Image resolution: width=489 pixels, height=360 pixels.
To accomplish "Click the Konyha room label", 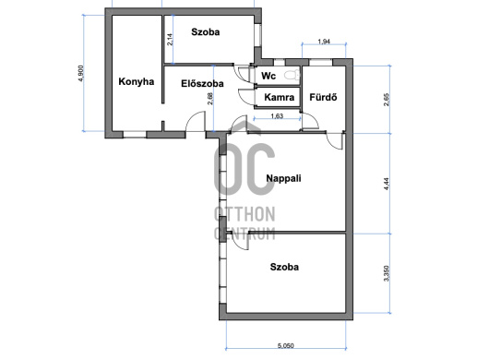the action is click(137, 82).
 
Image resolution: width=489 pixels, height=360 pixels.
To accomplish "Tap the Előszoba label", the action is click(202, 84).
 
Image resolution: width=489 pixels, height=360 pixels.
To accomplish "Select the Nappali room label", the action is click(283, 178).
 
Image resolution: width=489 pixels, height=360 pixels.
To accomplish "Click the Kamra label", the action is click(280, 97).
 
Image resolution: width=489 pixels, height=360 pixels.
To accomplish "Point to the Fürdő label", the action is click(323, 97).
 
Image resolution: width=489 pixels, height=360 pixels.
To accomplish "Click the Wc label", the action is click(268, 76).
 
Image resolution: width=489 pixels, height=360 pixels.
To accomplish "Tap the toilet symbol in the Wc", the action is click(292, 75).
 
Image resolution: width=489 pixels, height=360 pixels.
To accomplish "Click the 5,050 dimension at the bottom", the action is click(286, 345).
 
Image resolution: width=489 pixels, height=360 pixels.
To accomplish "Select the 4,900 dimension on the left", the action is click(81, 73).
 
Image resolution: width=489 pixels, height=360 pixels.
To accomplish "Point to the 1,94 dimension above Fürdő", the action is click(324, 42).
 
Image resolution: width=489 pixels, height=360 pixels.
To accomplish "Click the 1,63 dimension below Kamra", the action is click(277, 116).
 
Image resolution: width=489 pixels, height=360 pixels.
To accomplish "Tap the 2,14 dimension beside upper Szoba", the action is click(170, 40).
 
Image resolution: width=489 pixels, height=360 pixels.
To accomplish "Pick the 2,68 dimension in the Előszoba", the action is click(210, 98).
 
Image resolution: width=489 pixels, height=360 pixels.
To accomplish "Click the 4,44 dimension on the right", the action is click(387, 184).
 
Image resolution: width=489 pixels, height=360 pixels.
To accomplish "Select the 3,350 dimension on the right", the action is click(387, 273).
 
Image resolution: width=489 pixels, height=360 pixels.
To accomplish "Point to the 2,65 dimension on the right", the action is click(387, 100).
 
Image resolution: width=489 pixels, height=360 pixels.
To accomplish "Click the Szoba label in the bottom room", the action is click(284, 267).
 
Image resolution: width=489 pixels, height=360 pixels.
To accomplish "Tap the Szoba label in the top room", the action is click(206, 31).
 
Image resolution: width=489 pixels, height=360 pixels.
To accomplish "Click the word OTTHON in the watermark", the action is click(244, 214).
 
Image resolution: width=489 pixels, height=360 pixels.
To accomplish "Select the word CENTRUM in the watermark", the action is click(244, 234).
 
